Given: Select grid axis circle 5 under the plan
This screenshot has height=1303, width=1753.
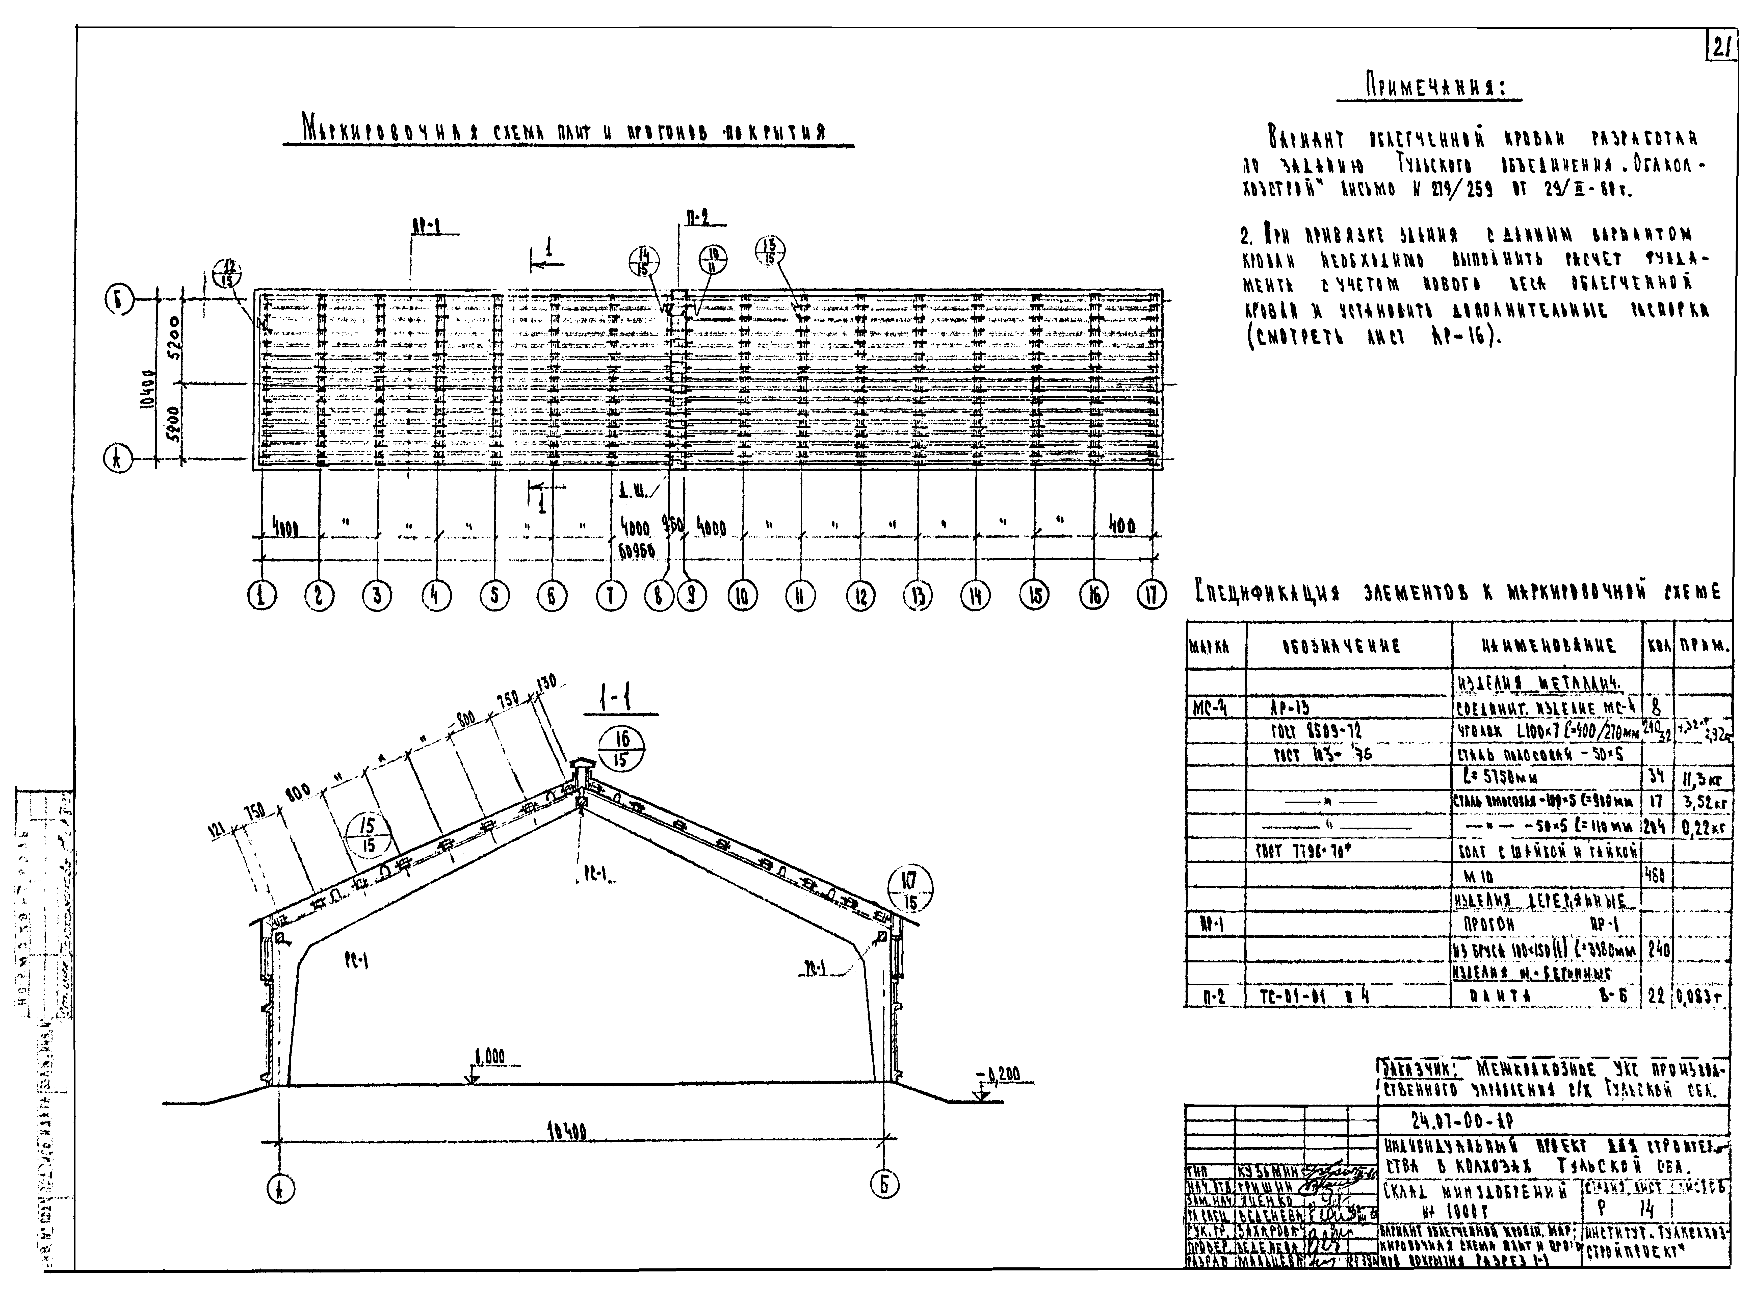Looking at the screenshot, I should [494, 596].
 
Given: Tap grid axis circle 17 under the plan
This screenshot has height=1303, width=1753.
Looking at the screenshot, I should [1151, 596].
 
